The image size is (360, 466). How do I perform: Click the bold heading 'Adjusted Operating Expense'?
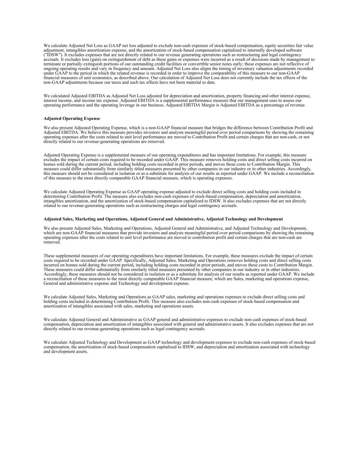(x=72, y=118)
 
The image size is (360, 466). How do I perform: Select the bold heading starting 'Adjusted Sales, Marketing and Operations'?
(x=163, y=219)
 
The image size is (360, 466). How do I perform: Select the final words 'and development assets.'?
(x=66, y=351)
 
